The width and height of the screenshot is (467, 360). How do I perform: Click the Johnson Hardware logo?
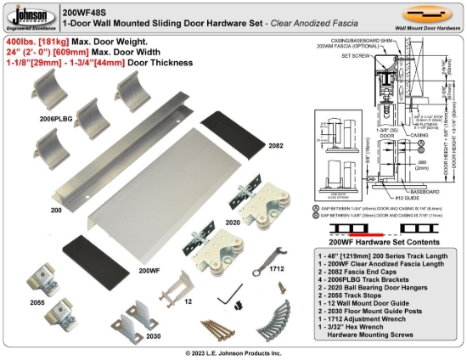pos(28,16)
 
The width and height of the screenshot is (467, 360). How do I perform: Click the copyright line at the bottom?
pos(234,352)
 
